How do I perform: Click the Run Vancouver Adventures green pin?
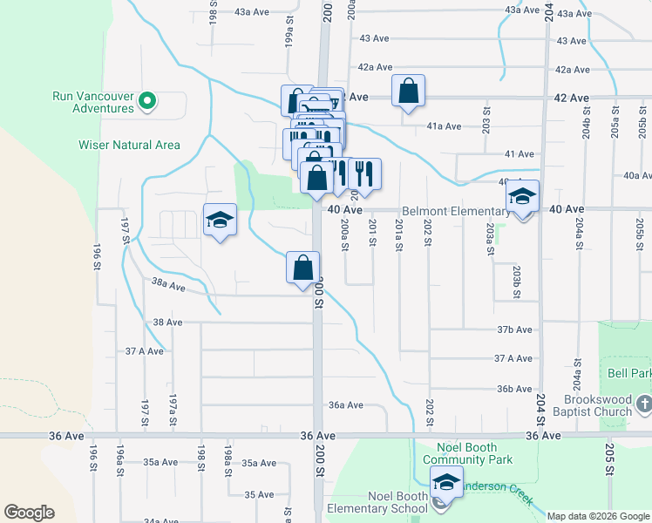[x=147, y=102]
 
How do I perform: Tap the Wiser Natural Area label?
[x=129, y=145]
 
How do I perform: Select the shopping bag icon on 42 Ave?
[x=408, y=92]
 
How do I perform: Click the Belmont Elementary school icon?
[x=523, y=198]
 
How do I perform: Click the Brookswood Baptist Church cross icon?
[x=644, y=404]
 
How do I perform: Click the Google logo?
[x=29, y=513]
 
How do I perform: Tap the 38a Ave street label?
[x=169, y=285]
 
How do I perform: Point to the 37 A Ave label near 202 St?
[x=513, y=358]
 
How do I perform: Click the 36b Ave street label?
[x=514, y=389]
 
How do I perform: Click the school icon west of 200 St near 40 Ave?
[x=220, y=221]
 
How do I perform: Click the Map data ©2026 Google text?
[x=597, y=516]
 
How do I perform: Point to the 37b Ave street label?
[x=514, y=329]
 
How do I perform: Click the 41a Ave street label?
[x=444, y=126]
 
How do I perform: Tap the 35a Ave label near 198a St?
[x=259, y=463]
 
